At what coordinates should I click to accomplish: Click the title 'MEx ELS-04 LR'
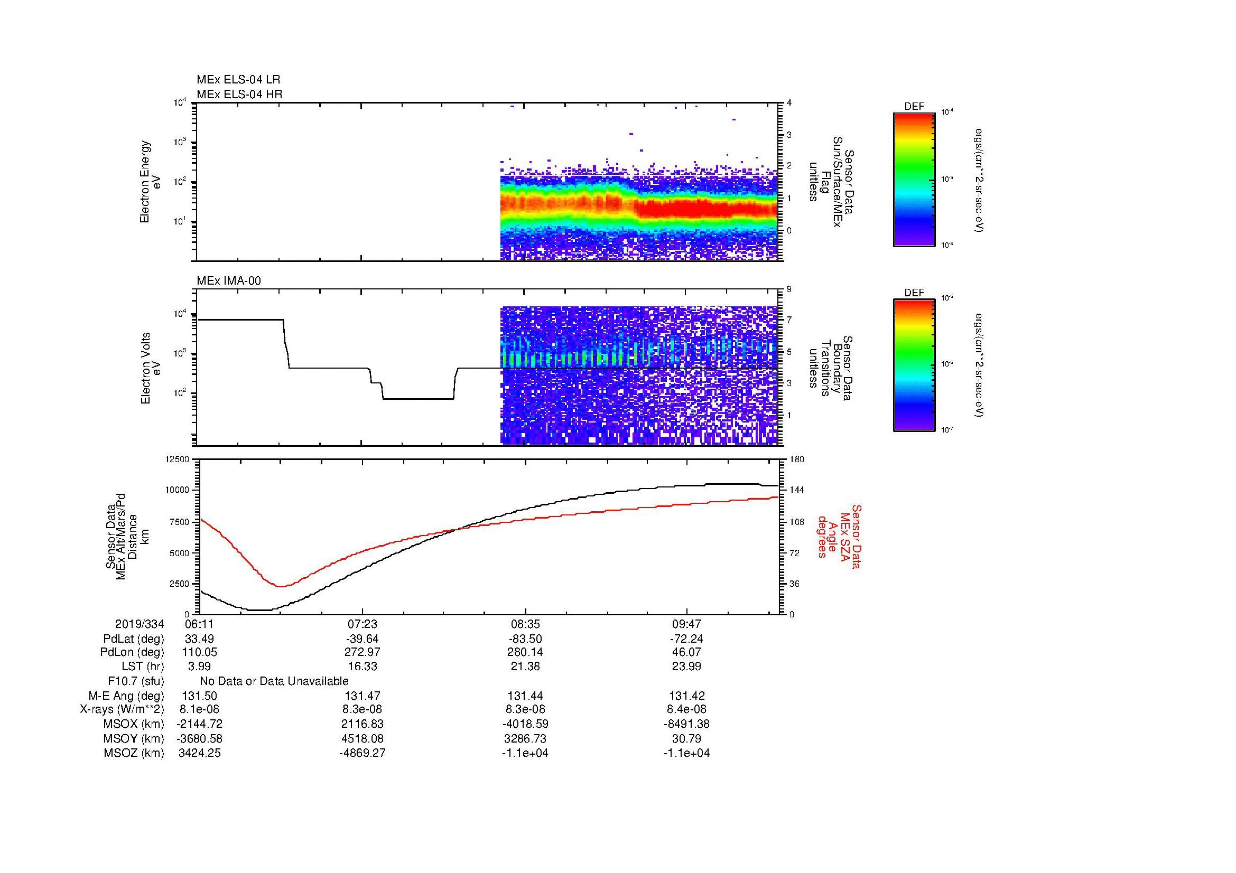[x=238, y=80]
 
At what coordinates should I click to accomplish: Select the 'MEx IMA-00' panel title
[x=229, y=281]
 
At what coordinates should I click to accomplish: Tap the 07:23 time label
[x=363, y=624]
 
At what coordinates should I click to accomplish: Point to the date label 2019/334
[x=140, y=624]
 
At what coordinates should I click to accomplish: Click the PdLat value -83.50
[x=525, y=639]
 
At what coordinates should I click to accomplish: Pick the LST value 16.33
[x=363, y=667]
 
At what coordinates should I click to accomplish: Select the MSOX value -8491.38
[x=687, y=724]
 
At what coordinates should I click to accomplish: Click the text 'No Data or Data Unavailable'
[x=274, y=681]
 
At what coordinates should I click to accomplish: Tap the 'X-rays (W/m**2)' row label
[x=122, y=709]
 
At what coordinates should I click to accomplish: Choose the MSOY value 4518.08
[x=363, y=738]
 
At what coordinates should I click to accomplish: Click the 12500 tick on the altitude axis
[x=176, y=459]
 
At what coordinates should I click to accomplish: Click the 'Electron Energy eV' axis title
[x=151, y=182]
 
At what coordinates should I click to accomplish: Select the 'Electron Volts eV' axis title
[x=151, y=368]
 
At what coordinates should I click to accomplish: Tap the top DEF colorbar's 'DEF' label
[x=914, y=107]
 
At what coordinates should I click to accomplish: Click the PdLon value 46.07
[x=687, y=652]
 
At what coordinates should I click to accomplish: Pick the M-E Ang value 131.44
[x=525, y=696]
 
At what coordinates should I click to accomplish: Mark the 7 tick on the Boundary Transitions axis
[x=789, y=320]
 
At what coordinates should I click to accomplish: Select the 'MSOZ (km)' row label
[x=134, y=753]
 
